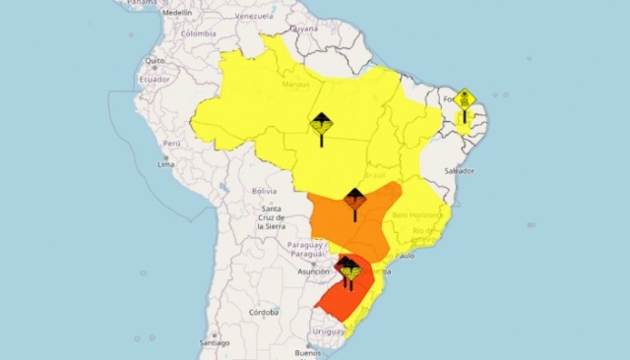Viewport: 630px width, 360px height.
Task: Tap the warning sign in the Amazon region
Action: [x=322, y=127]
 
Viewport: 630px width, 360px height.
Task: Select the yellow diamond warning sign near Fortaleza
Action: [x=465, y=101]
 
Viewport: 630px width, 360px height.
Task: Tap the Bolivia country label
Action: [x=264, y=190]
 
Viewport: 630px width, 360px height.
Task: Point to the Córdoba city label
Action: [x=263, y=312]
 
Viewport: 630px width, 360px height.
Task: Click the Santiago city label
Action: [x=214, y=342]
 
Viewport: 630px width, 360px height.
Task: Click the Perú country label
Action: [x=172, y=143]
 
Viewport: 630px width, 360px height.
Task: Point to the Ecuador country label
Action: [x=154, y=79]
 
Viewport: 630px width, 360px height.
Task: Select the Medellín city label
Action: [x=177, y=13]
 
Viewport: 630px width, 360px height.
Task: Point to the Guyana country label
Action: [x=304, y=29]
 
